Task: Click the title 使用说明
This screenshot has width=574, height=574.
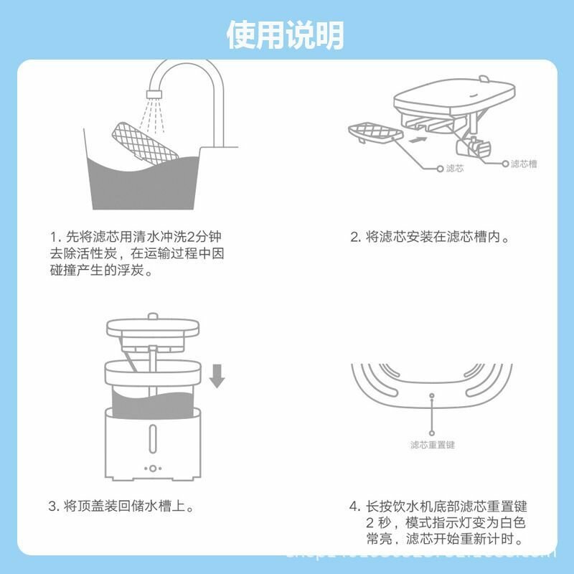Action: coord(286,34)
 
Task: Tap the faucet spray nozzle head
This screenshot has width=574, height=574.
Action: coord(154,92)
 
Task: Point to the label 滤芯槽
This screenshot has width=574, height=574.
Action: coord(523,164)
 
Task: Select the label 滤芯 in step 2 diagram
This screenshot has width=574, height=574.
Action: coord(455,168)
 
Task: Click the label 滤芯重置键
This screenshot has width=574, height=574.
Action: coord(432,445)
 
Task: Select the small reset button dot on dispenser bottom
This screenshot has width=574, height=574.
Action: coord(432,395)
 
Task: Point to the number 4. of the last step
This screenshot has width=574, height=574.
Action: coord(354,507)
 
